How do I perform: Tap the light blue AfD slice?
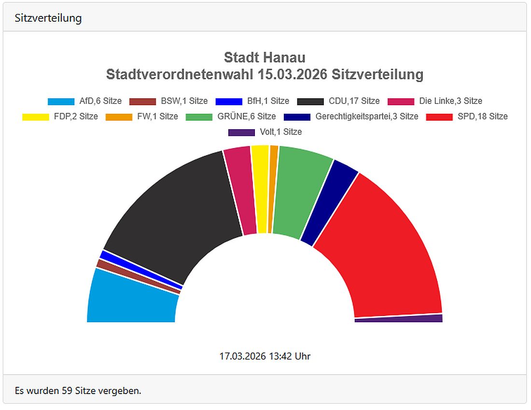click(x=130, y=299)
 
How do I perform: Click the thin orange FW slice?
click(x=273, y=188)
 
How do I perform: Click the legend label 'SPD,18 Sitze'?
click(x=482, y=116)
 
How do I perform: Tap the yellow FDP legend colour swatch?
click(x=36, y=117)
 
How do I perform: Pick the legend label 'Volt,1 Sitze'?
click(x=280, y=132)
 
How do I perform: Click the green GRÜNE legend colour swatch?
click(x=199, y=117)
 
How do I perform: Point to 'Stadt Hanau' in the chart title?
click(x=265, y=58)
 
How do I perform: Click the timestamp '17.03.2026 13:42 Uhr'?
click(x=265, y=356)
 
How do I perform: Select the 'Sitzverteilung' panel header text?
click(x=48, y=18)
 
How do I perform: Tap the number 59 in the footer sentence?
click(x=67, y=390)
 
